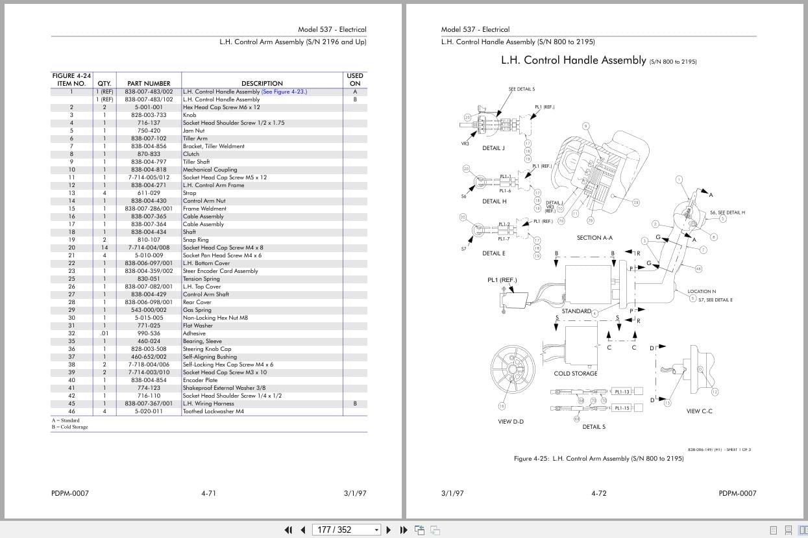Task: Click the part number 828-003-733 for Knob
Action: click(x=149, y=115)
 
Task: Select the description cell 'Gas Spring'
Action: click(x=197, y=310)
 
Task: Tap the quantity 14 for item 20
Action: click(x=104, y=248)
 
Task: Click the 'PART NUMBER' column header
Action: click(x=149, y=83)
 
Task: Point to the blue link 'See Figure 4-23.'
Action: click(x=284, y=92)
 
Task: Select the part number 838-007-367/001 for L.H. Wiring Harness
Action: click(x=149, y=403)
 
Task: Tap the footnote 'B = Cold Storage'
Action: click(x=69, y=427)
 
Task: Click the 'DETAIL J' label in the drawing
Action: click(x=493, y=148)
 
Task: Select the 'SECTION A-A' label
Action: click(x=594, y=238)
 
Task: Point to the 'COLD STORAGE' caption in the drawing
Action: click(x=575, y=374)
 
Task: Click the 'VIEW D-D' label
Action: click(x=511, y=422)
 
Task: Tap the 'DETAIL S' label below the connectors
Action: click(x=593, y=427)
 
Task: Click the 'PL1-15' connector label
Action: click(x=622, y=408)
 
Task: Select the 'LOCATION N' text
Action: click(x=702, y=291)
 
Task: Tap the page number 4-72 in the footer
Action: click(x=598, y=493)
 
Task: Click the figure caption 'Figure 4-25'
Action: click(x=532, y=458)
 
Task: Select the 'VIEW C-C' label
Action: click(x=699, y=411)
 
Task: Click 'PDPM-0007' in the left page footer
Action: click(x=69, y=493)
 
